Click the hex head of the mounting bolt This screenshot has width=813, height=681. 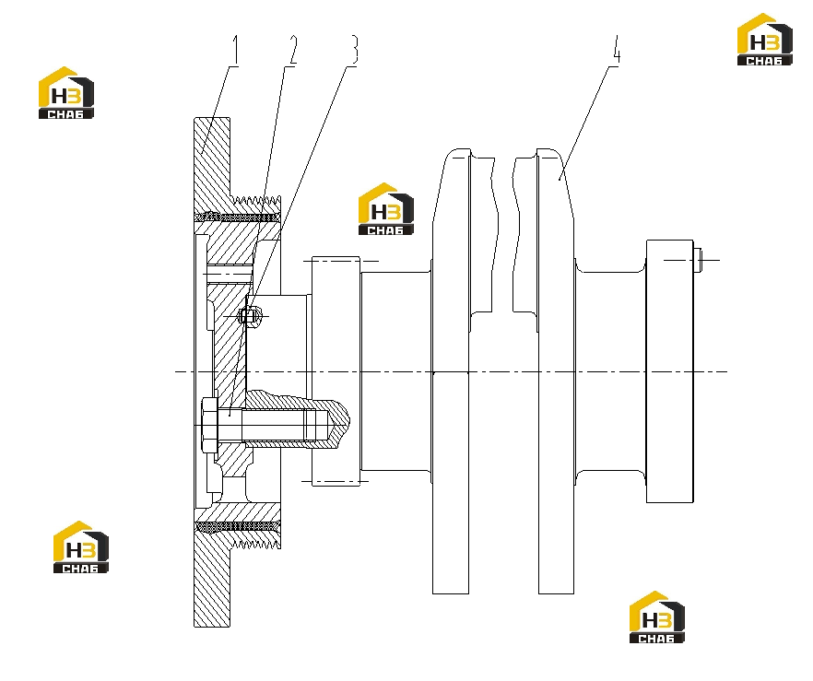coord(209,425)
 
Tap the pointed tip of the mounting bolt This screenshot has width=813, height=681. coord(348,420)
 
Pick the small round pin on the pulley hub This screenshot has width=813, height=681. coord(249,316)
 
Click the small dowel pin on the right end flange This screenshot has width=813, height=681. coord(698,260)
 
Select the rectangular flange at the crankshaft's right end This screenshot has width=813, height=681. coord(669,371)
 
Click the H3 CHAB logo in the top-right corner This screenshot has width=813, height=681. coord(765,40)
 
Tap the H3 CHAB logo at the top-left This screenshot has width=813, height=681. coord(66,93)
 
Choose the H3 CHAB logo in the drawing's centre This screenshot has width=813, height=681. coord(385,209)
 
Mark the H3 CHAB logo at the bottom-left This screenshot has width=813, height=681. coord(81,546)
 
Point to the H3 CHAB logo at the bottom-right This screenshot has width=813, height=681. coord(657,616)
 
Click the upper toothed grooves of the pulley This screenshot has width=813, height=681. coord(255,200)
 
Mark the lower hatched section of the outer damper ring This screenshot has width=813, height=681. coord(212,581)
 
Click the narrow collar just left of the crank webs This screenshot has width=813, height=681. coord(336,371)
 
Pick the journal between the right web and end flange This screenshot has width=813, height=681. coord(610,371)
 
